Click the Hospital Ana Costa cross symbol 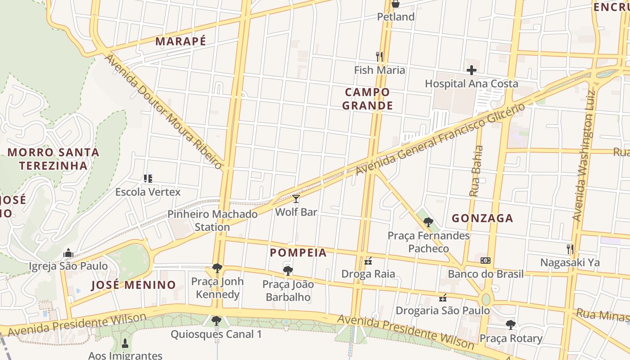(x=472, y=70)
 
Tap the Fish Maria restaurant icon (x=379, y=56)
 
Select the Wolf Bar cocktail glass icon (x=296, y=198)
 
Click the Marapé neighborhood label (x=180, y=41)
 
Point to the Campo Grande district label (x=367, y=99)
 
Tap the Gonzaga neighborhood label (x=482, y=219)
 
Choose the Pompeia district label (x=298, y=253)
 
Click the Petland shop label (x=396, y=17)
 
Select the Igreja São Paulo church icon (x=68, y=253)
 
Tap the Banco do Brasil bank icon (x=486, y=261)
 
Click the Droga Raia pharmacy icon (x=368, y=261)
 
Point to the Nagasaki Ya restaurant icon (x=570, y=249)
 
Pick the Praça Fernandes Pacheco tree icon (x=428, y=222)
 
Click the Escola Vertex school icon (x=148, y=179)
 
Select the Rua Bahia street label (x=476, y=171)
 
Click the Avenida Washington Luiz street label (x=584, y=155)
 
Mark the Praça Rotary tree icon (x=510, y=324)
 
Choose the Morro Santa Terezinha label (x=53, y=159)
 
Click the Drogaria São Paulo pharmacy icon (x=443, y=297)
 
